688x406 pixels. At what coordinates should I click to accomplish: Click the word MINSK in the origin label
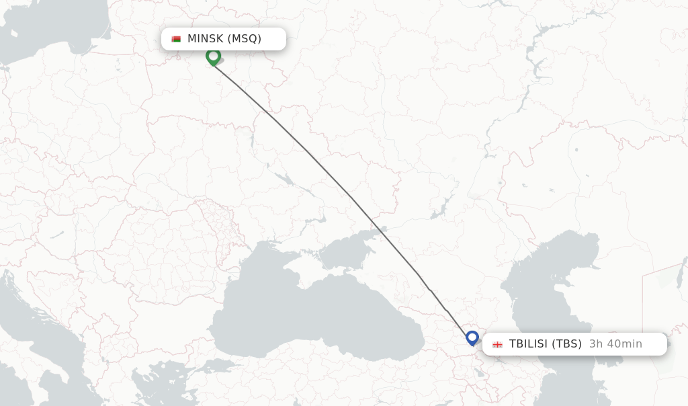pyautogui.click(x=206, y=39)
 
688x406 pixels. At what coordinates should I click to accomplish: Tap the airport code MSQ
pyautogui.click(x=245, y=39)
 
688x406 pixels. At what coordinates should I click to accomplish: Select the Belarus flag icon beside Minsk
pyautogui.click(x=176, y=39)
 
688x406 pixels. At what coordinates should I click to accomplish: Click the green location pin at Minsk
pyautogui.click(x=213, y=56)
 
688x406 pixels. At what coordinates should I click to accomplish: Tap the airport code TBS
pyautogui.click(x=566, y=344)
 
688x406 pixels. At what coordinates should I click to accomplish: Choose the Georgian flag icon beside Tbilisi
pyautogui.click(x=497, y=344)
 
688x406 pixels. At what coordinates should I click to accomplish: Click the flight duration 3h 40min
pyautogui.click(x=615, y=344)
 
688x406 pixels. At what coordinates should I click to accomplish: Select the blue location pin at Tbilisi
pyautogui.click(x=472, y=337)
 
